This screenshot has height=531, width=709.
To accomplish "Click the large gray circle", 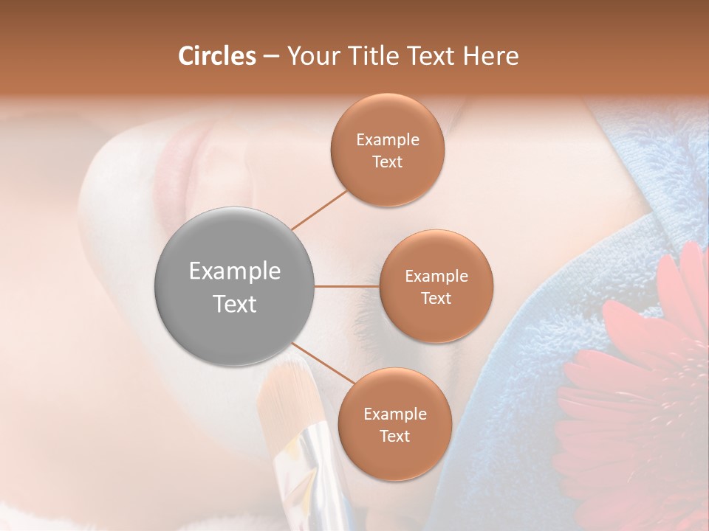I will pos(234,286).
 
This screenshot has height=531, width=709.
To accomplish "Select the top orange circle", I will pos(388,150).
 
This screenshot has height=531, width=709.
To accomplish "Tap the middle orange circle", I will pos(436,286).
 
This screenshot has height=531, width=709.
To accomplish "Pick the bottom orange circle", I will pos(394,424).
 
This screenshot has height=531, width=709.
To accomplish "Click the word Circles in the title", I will pos(216,56).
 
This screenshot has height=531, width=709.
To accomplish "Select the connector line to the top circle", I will pos(320,209).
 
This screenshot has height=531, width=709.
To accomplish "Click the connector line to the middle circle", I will pos(346,286).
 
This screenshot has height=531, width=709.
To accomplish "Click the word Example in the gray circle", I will pos(234,271).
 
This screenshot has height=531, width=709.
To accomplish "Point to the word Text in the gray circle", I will pos(234,304).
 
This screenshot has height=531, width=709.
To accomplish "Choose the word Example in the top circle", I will pos(388,140).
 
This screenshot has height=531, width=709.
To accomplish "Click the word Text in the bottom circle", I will pos(394,436).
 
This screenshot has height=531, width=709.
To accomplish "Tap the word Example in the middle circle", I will pos(436,277).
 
